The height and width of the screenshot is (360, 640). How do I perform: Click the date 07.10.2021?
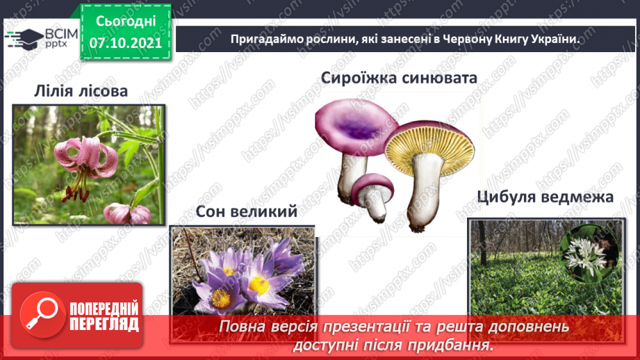pos(125,42)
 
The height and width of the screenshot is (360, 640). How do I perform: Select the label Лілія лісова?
pos(81,91)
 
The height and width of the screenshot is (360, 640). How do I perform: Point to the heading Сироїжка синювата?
pos(399,77)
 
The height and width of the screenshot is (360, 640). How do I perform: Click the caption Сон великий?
pos(246,211)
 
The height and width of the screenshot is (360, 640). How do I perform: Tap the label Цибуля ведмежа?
pos(545,197)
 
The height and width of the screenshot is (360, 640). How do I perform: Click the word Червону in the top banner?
pos(443,40)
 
